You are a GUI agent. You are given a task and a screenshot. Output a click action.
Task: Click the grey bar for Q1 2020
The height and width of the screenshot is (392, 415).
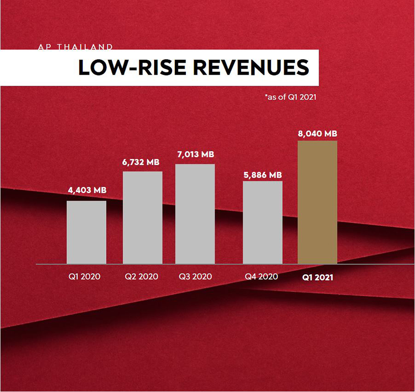click(x=86, y=232)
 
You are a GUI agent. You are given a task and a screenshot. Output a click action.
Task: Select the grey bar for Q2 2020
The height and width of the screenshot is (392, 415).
click(x=142, y=217)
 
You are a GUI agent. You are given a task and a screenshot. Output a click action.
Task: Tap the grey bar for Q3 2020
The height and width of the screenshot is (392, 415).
click(x=195, y=214)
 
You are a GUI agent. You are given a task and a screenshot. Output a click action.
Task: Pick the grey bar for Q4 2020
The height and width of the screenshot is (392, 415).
click(x=262, y=222)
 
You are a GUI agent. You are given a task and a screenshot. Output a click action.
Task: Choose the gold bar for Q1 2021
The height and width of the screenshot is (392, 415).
click(x=317, y=202)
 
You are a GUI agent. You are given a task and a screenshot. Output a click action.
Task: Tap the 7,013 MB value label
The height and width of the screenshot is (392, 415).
click(x=196, y=154)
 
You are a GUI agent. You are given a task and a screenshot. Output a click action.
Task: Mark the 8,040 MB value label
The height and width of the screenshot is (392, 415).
click(x=317, y=134)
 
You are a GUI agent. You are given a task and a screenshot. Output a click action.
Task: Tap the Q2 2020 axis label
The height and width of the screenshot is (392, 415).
click(x=141, y=277)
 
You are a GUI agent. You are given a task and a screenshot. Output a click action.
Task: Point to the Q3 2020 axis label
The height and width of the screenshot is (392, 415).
click(x=195, y=277)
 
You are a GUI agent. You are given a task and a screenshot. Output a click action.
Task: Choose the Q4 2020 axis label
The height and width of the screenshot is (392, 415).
click(x=261, y=277)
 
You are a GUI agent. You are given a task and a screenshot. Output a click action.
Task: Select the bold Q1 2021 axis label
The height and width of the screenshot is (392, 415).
click(x=318, y=278)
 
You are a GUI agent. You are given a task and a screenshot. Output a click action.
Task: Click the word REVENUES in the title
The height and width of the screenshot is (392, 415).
click(x=251, y=68)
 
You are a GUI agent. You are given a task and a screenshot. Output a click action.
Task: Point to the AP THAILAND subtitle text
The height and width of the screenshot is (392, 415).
click(x=76, y=47)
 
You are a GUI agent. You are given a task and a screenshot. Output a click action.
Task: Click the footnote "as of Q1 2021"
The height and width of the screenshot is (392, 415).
click(x=290, y=97)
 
